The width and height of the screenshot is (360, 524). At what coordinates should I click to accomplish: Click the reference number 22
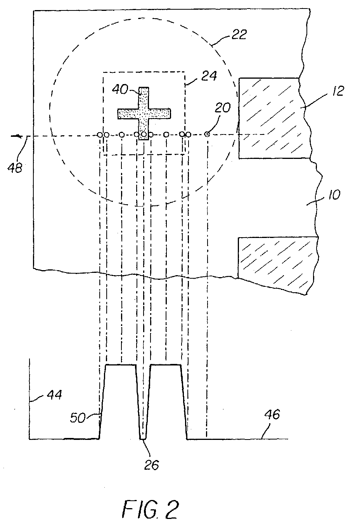tap(238, 35)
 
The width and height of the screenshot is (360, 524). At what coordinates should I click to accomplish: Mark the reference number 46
tap(272, 415)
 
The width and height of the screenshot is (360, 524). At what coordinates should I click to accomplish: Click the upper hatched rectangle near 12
tap(269, 118)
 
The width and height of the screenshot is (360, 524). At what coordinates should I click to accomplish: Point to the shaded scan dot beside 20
tap(207, 134)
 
